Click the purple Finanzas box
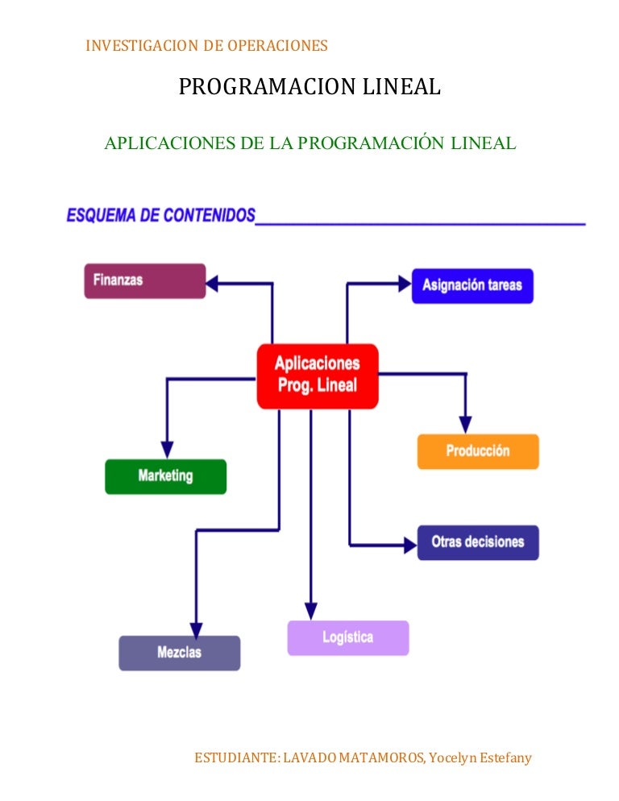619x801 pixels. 145,281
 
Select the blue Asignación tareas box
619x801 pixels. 472,285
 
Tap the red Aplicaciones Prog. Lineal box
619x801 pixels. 317,375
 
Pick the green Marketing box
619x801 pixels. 165,475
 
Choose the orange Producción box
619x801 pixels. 478,451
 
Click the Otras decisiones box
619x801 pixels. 478,542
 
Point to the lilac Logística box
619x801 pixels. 348,637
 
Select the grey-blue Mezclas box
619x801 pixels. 179,653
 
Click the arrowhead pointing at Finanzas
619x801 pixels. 213,284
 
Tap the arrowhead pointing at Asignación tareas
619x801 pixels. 404,283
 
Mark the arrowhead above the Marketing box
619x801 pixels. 167,449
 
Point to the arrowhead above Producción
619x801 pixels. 465,424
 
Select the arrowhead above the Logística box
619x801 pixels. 311,610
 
